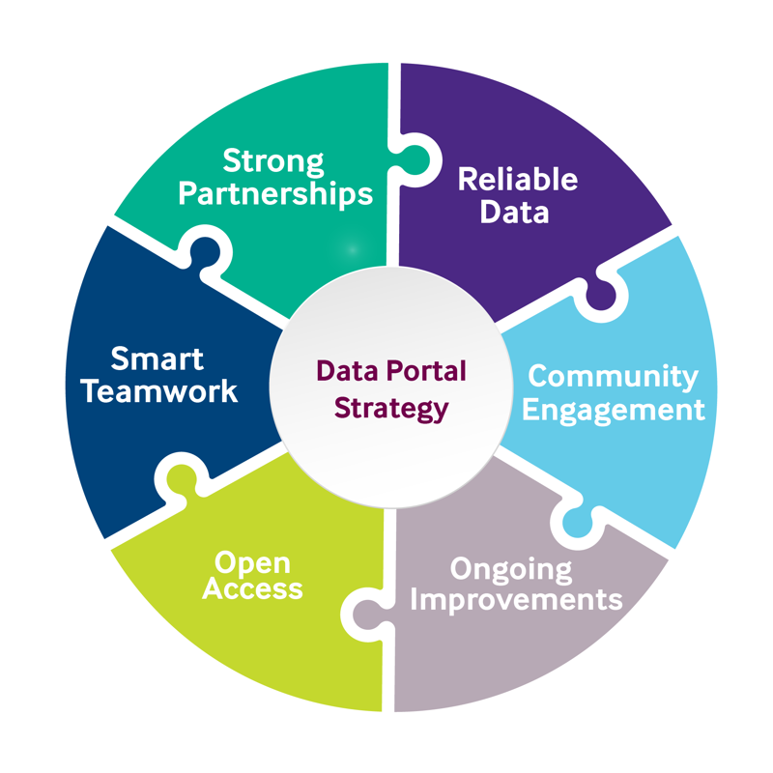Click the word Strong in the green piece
coord(273,161)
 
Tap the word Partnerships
coord(275,193)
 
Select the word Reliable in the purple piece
coord(517,180)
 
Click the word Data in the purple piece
coord(514,212)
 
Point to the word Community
coord(613,376)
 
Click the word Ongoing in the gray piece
coord(511,567)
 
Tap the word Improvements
coord(516,599)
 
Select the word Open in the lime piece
coord(252,561)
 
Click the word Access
coord(253,589)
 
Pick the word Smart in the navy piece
coord(157,359)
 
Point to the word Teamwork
coord(159,391)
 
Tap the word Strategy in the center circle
coord(391,408)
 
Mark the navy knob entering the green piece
coord(205,252)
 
